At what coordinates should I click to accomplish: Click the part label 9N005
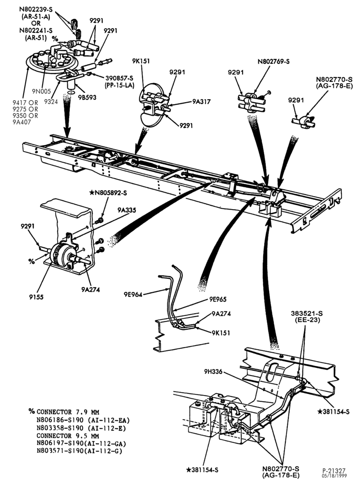tap(41, 91)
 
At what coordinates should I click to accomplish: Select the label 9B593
tap(87, 97)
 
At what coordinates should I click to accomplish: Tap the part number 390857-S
tap(120, 78)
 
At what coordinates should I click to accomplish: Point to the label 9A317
tap(201, 101)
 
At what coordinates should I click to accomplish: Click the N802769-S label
tap(273, 61)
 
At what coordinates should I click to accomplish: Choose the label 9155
tap(36, 297)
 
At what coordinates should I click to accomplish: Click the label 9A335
tap(126, 210)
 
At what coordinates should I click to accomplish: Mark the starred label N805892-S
tap(108, 193)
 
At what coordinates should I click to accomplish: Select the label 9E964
tap(133, 294)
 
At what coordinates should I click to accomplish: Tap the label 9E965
tap(217, 299)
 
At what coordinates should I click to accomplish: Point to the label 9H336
tap(213, 371)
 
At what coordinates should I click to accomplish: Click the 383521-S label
tap(307, 313)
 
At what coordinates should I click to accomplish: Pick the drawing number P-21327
tap(334, 471)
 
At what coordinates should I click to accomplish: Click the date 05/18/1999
tap(334, 475)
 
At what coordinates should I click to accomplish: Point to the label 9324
tap(51, 101)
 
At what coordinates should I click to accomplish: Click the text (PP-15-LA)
tap(120, 85)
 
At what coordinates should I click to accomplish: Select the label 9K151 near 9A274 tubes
tap(221, 333)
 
